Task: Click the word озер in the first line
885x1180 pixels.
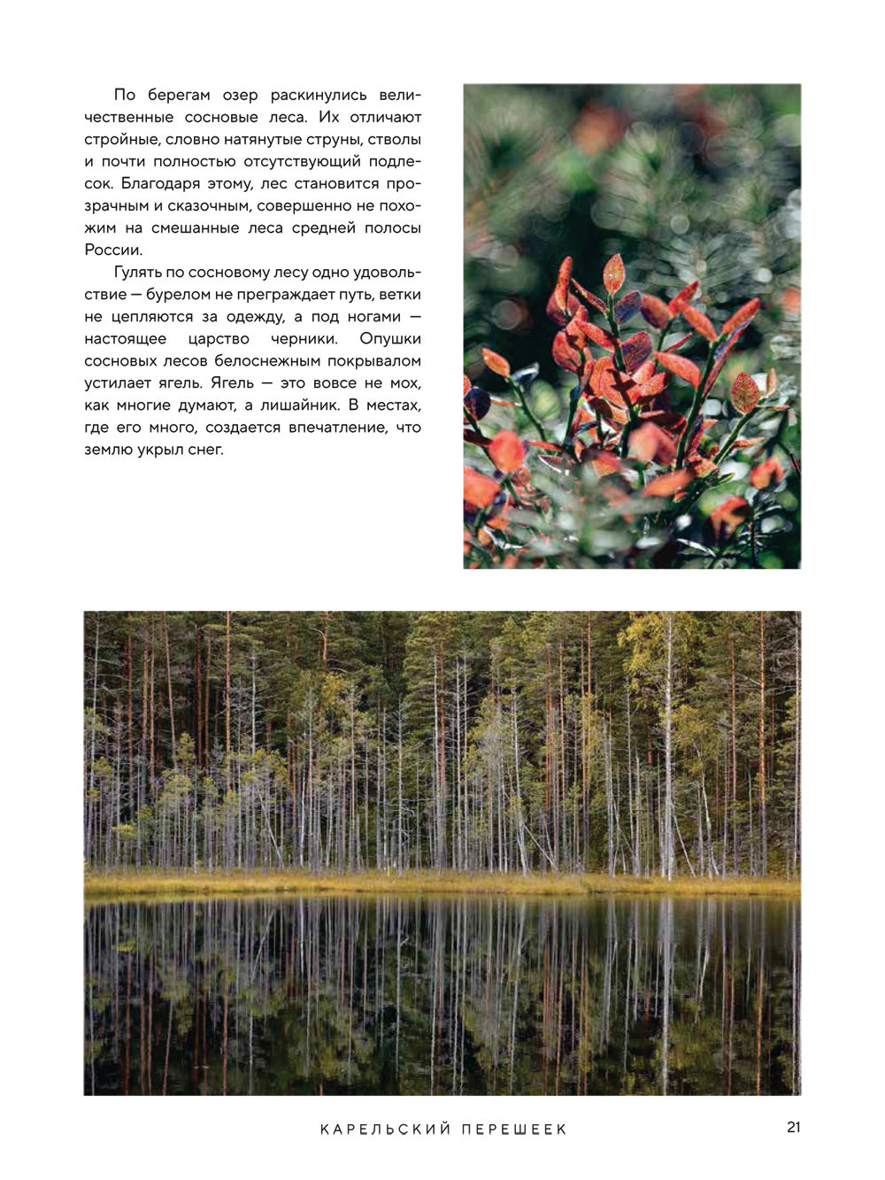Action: coord(238,95)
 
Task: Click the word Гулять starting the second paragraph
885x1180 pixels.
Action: coord(137,272)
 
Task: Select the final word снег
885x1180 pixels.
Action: coord(205,449)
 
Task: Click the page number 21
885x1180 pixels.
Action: coord(793,1127)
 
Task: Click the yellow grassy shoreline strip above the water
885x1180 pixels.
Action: coord(442,883)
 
